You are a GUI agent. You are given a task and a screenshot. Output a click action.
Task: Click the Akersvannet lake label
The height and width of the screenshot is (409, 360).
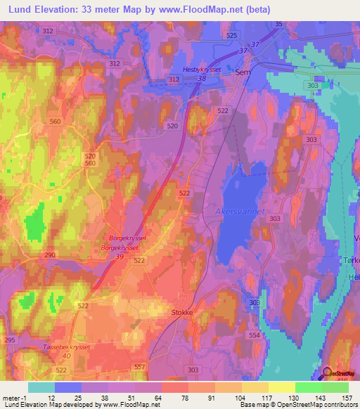click(x=235, y=209)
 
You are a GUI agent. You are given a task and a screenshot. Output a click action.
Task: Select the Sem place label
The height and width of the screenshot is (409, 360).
click(x=243, y=72)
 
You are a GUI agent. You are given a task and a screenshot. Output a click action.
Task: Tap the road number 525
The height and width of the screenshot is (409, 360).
click(x=231, y=35)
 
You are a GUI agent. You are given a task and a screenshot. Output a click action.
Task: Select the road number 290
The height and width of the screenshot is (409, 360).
click(x=50, y=254)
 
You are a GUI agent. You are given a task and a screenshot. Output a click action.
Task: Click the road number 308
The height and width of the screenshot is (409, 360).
click(x=254, y=301)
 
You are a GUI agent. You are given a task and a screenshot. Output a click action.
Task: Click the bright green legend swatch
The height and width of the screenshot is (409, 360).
click(x=308, y=387)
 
